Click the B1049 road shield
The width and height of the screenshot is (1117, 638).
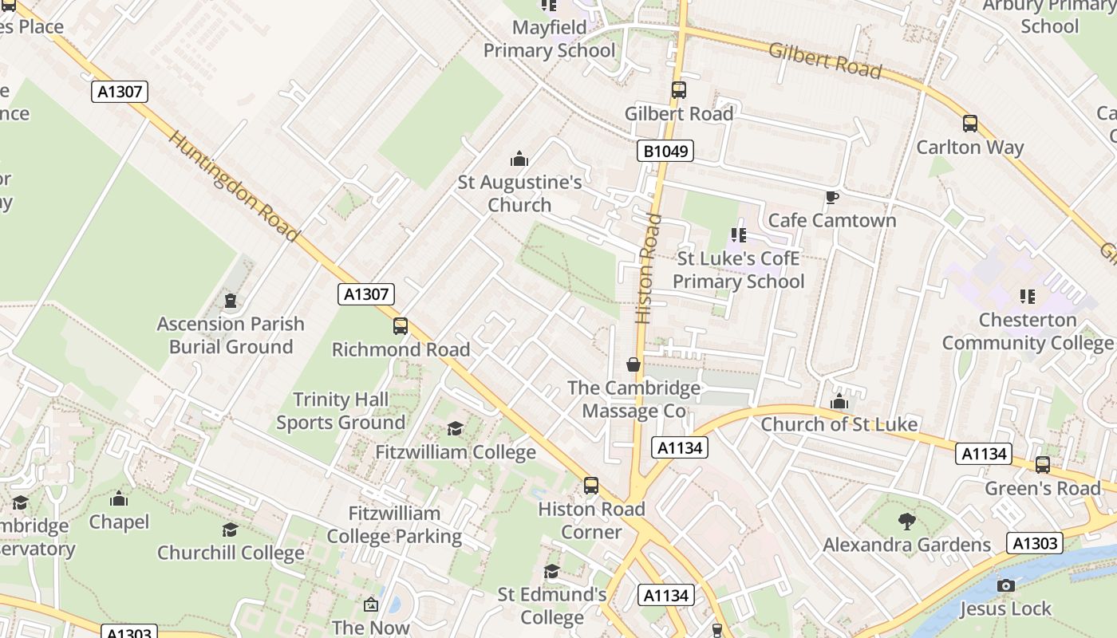(665, 151)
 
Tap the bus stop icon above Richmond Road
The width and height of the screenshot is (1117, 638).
(401, 326)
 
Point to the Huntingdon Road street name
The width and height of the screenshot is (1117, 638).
(234, 187)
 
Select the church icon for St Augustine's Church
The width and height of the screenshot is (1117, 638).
(519, 159)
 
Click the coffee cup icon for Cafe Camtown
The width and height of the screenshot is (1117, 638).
(832, 197)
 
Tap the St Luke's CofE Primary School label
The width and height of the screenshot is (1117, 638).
(738, 270)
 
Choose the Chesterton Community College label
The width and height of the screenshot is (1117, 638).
(1027, 331)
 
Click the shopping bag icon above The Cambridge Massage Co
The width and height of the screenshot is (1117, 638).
(633, 364)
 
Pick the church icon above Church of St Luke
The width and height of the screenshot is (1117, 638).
(839, 401)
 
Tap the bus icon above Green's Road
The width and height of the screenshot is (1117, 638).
(1042, 465)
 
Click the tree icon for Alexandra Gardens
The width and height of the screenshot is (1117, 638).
(906, 522)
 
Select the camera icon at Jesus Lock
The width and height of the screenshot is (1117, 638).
(1006, 586)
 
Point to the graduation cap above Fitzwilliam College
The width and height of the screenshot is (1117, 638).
(455, 429)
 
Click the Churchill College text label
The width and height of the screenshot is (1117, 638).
(231, 553)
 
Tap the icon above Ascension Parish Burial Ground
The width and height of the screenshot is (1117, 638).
(231, 301)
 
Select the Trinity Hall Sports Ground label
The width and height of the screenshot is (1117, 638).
(341, 411)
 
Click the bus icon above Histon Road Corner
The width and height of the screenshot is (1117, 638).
(591, 486)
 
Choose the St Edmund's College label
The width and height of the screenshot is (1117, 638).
(552, 606)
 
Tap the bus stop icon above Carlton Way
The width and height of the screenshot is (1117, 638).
(970, 124)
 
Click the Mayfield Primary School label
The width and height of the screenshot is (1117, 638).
(549, 39)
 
